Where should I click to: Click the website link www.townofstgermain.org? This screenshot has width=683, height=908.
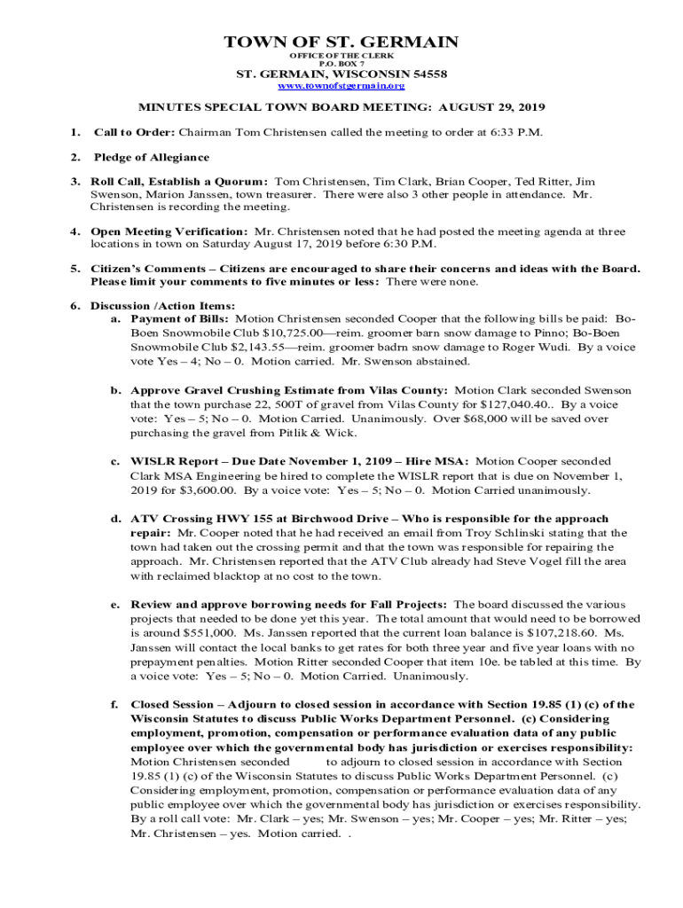[x=341, y=86]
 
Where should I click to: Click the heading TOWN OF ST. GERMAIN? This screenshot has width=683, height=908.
[x=341, y=42]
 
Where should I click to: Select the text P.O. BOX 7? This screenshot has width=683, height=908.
[x=341, y=64]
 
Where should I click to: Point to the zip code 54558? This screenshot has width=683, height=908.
[x=427, y=74]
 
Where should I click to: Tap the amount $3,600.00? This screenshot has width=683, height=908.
[x=207, y=490]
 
